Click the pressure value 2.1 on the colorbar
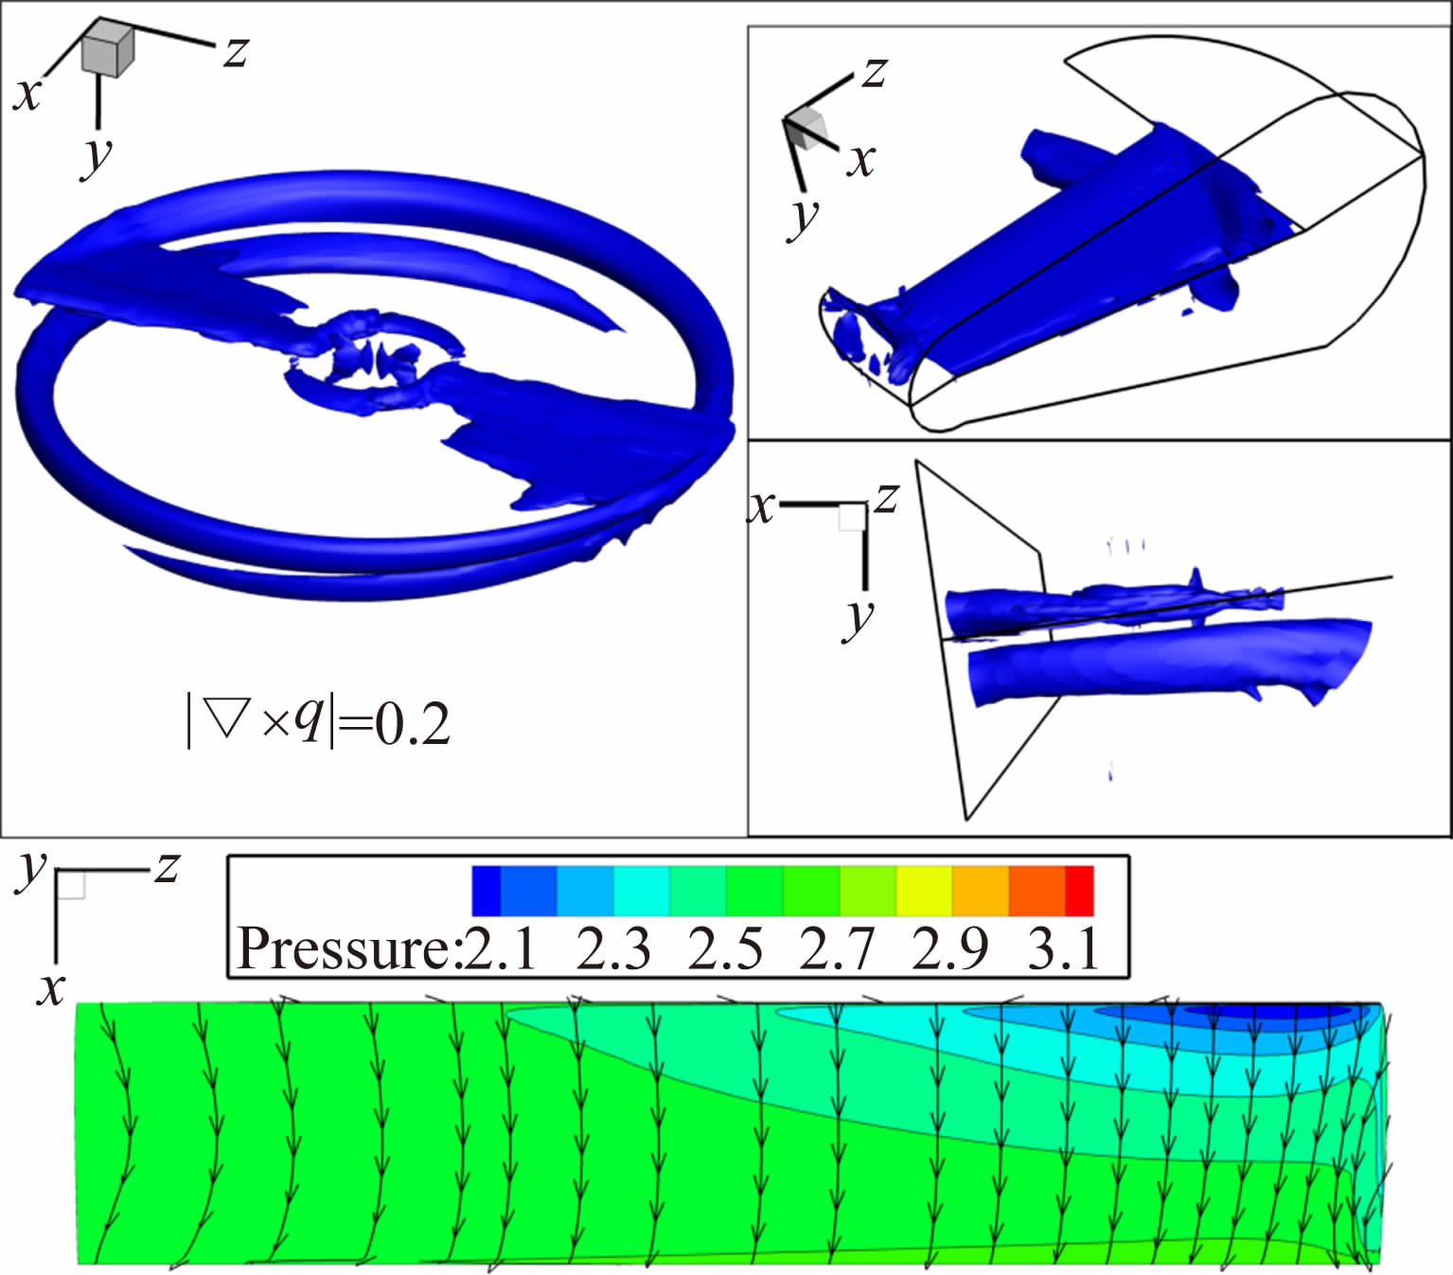(500, 949)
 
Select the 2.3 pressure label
(613, 949)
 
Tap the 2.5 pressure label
(725, 949)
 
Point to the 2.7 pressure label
(837, 949)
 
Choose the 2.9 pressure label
(949, 949)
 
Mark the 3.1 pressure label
(1063, 949)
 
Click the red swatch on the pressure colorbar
(1079, 891)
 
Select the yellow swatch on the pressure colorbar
(925, 891)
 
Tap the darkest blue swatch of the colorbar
(486, 891)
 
